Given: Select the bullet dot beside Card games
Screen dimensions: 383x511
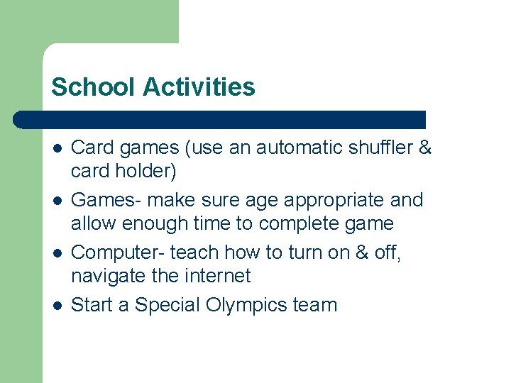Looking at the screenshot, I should pos(57,148).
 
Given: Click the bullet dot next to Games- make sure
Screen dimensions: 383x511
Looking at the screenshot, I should pos(57,201).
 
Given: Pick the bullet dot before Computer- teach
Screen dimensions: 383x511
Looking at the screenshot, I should pos(57,253).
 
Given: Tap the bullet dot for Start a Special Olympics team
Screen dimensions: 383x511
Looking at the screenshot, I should pos(57,306).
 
